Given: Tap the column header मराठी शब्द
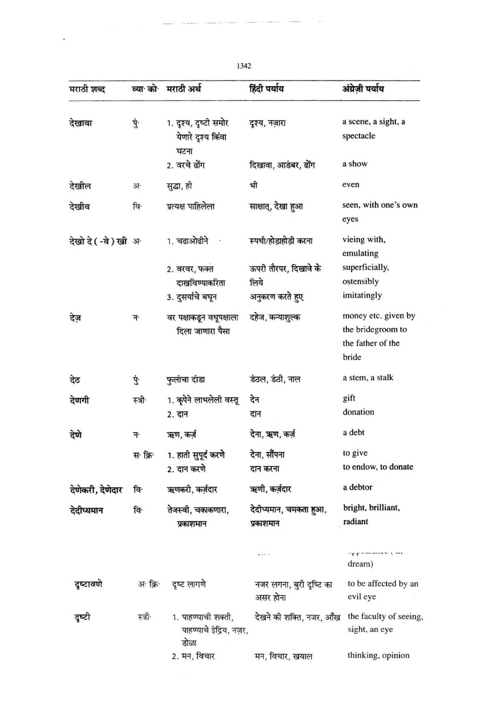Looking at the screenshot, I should pyautogui.click(x=87, y=90).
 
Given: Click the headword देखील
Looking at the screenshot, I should pyautogui.click(x=80, y=186).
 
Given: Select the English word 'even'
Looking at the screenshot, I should pyautogui.click(x=350, y=185).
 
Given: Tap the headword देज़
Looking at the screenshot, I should pyautogui.click(x=75, y=318).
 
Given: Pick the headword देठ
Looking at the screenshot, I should pyautogui.click(x=75, y=379).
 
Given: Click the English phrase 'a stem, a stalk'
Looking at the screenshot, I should pyautogui.click(x=368, y=377).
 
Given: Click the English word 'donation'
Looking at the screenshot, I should pyautogui.click(x=358, y=412).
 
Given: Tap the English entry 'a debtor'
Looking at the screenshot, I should pyautogui.click(x=357, y=487).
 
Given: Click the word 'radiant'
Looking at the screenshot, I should pyautogui.click(x=355, y=522).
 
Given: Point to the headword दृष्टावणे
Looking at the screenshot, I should pyautogui.click(x=89, y=584).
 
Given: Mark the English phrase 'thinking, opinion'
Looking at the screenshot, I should pyautogui.click(x=378, y=655).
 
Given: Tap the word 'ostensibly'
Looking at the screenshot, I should pyautogui.click(x=360, y=281).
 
